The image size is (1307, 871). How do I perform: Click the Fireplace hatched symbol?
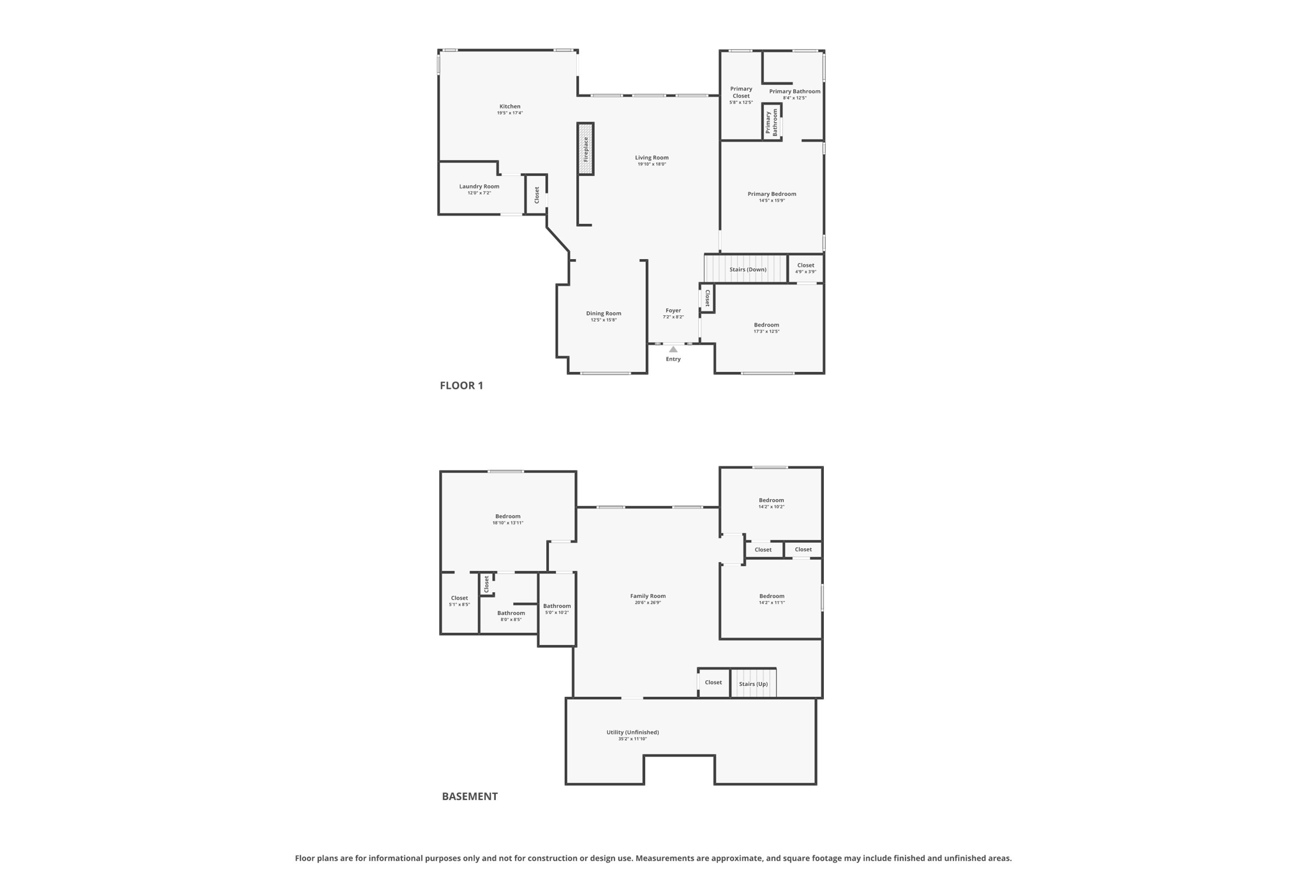(x=585, y=149)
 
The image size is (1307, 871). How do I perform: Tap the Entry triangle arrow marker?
(x=673, y=349)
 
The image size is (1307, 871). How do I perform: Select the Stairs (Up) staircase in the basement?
(x=753, y=683)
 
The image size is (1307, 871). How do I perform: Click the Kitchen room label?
(x=509, y=107)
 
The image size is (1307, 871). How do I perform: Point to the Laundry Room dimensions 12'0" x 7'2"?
(x=479, y=193)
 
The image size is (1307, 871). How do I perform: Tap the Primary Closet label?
(x=741, y=93)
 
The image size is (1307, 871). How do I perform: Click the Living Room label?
(x=652, y=158)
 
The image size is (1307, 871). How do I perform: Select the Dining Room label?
(x=603, y=313)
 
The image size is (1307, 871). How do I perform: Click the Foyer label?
(x=673, y=310)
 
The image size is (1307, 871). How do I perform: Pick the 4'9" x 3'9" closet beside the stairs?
(x=805, y=268)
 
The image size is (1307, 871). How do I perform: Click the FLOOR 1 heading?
(x=461, y=385)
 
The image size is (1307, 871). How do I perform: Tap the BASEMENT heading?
(x=469, y=796)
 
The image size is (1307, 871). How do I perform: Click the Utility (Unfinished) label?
(x=632, y=732)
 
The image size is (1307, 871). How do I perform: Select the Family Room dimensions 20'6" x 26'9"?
(x=648, y=602)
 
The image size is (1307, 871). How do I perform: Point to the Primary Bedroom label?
(x=772, y=194)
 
